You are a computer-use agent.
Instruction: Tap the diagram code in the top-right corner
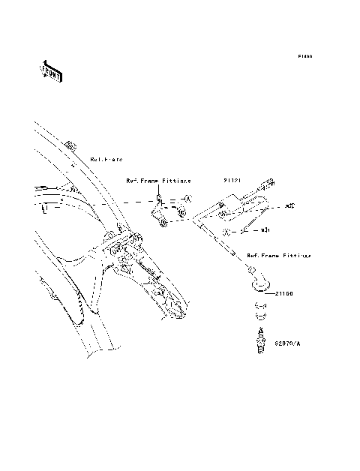[304, 56]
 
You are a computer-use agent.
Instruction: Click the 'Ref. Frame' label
[106, 160]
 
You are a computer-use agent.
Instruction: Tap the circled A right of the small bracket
[189, 199]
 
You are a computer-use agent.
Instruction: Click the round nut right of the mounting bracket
[180, 214]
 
